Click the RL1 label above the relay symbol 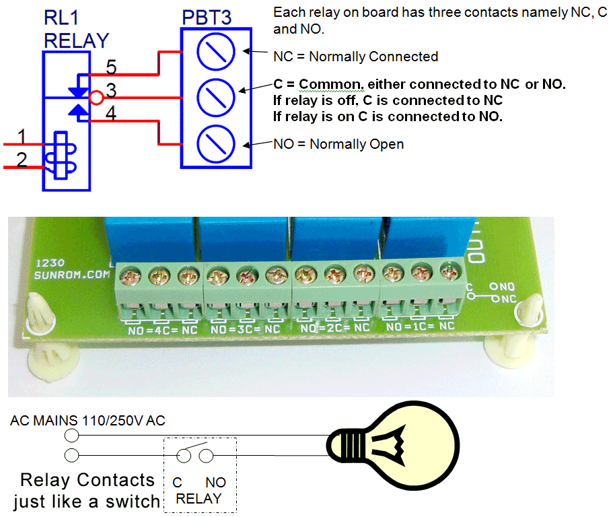61,18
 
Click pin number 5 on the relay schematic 110,67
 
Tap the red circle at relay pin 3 96,98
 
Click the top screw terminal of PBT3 217,51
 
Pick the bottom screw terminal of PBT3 217,144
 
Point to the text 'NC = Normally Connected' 355,57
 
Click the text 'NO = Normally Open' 338,144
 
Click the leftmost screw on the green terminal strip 128,275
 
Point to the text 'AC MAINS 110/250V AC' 87,421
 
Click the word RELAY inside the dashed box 198,499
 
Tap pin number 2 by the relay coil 22,160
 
